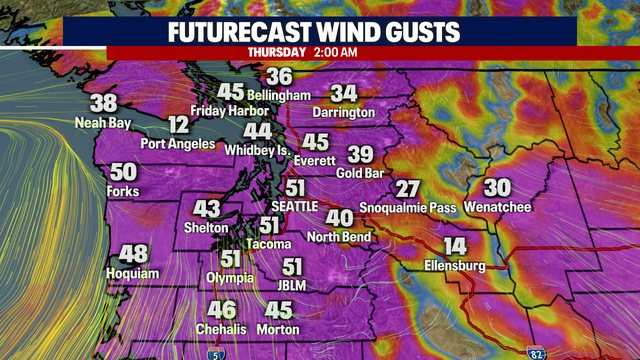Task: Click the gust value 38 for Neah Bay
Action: [x=103, y=103]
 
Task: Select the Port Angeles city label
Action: [x=177, y=143]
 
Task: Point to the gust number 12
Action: [x=178, y=125]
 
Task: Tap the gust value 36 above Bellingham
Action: [x=279, y=76]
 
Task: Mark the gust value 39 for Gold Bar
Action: [x=360, y=154]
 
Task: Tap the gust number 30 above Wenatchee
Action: [x=497, y=187]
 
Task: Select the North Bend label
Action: [x=339, y=236]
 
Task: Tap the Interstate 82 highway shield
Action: [x=536, y=351]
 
